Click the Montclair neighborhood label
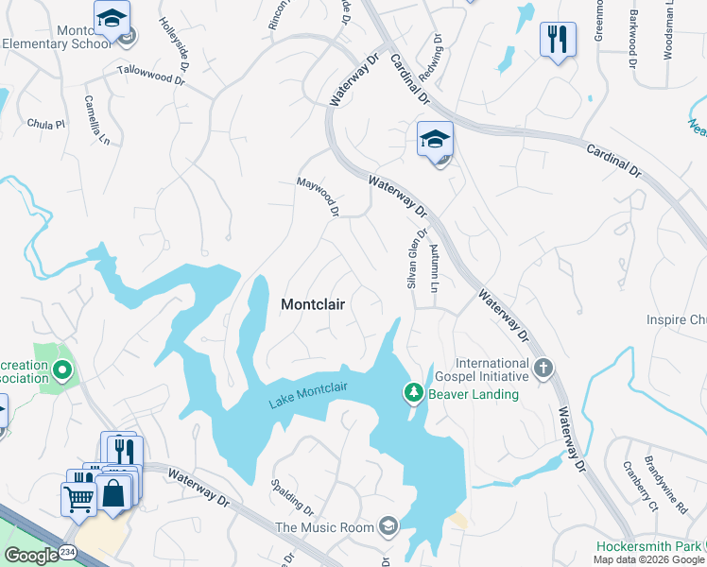[x=313, y=305]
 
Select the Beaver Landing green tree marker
[x=413, y=392]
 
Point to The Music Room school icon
[x=388, y=526]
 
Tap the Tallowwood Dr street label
[x=150, y=75]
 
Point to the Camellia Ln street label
[x=97, y=119]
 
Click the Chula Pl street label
[x=46, y=124]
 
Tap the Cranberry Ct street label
[x=640, y=485]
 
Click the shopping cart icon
[x=78, y=497]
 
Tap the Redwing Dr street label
[x=438, y=58]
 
